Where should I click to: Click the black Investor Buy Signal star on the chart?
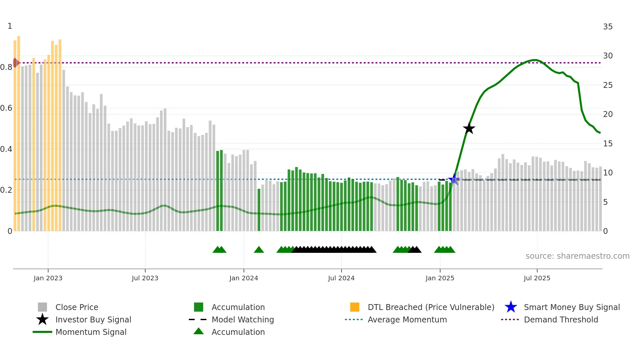tap(469, 128)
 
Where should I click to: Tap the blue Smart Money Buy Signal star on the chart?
tap(454, 179)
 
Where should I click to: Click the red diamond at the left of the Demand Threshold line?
tap(15, 63)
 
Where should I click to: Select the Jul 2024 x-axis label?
tap(341, 278)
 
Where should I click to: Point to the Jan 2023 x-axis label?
tap(48, 278)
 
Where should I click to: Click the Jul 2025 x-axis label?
tap(537, 278)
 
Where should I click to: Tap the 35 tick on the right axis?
tap(608, 26)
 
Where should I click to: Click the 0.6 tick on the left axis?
tap(6, 108)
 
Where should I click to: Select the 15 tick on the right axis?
tap(608, 143)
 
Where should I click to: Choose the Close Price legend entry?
tap(77, 307)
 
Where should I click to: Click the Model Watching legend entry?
tap(243, 319)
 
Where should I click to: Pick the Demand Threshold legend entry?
tap(561, 319)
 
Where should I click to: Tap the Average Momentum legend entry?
tap(407, 319)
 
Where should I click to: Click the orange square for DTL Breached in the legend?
tap(355, 307)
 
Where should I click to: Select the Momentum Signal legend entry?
tap(91, 332)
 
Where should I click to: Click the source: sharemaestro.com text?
tap(577, 256)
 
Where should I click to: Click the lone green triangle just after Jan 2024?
tap(259, 250)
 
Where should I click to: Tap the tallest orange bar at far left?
tap(19, 131)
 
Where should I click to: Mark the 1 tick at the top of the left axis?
tap(10, 26)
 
